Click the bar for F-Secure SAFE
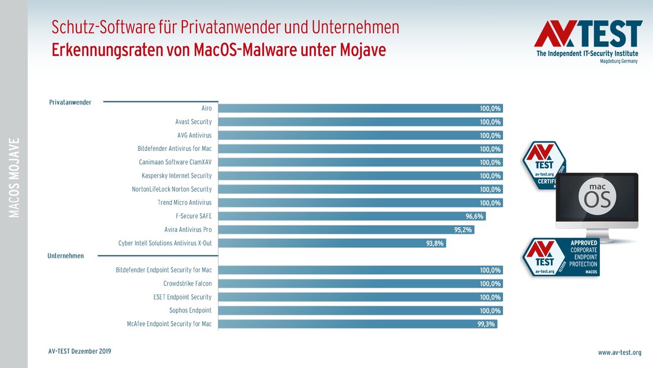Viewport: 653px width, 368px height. [x=352, y=216]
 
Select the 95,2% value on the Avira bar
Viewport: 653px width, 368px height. [x=462, y=230]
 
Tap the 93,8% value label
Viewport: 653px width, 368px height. [x=435, y=243]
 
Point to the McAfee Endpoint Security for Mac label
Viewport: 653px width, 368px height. [x=169, y=324]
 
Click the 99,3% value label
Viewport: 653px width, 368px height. [x=487, y=324]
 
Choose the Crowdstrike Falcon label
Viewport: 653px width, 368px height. [x=187, y=284]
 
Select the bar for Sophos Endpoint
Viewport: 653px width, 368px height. [x=360, y=311]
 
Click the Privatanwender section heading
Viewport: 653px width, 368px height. [x=70, y=102]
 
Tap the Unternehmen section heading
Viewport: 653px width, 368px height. [x=66, y=256]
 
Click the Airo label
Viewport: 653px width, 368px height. [x=206, y=109]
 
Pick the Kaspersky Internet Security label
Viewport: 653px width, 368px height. [x=177, y=176]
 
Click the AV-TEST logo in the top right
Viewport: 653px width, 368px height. [x=587, y=41]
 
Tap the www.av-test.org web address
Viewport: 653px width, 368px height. [x=619, y=353]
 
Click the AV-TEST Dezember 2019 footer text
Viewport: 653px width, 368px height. [x=80, y=351]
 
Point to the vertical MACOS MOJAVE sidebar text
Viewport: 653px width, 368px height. [x=15, y=178]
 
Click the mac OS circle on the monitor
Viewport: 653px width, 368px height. [x=596, y=198]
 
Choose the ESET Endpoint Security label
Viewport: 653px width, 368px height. [x=182, y=297]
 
